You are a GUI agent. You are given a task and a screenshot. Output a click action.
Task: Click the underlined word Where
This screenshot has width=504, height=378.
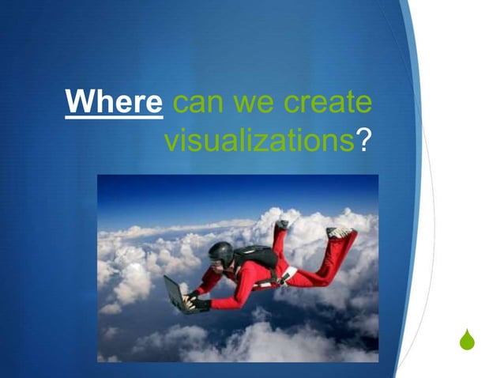coord(115,104)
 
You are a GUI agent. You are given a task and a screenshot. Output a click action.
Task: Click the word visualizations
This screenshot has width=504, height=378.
coord(258,141)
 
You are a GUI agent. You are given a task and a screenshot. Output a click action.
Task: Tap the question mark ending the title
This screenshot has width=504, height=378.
coord(363,141)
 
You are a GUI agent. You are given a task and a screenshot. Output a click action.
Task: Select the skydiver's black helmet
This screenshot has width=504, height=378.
coord(221,252)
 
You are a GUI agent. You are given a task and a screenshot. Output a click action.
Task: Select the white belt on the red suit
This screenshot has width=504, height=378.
coord(289,273)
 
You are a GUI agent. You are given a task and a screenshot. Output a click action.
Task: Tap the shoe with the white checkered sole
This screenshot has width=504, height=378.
coord(340,232)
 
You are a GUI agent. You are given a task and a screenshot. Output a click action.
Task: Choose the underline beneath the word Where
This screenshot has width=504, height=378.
coord(115,117)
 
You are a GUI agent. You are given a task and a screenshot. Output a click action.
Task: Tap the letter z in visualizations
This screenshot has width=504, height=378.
coord(272,142)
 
